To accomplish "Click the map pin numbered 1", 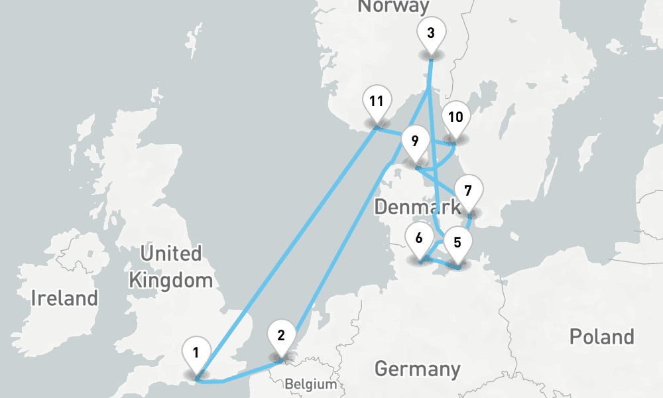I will (x=196, y=352).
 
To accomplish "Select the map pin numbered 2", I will (x=281, y=335).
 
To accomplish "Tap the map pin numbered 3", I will (x=431, y=33).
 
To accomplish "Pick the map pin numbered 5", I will (x=457, y=242).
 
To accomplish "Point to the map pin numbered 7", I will (x=468, y=192).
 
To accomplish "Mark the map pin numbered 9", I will (x=415, y=141).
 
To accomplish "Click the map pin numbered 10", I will (x=455, y=117).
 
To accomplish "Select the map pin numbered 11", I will (x=377, y=101).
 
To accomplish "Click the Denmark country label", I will (x=417, y=206).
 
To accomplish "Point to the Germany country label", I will (x=417, y=368).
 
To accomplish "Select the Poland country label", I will (x=601, y=336).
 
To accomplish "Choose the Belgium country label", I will (x=310, y=384).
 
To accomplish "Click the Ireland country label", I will (x=64, y=297).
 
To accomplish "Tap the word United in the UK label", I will (x=171, y=253).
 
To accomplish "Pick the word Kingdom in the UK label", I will (x=171, y=279).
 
